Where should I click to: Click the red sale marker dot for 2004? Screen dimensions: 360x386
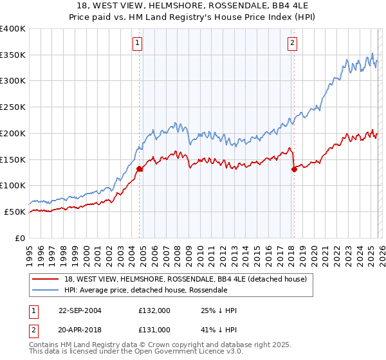(139, 169)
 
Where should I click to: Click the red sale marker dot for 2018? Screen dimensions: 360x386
(294, 170)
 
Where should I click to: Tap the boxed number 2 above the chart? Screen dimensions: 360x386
(292, 43)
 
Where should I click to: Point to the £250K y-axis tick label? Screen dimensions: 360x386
(12, 107)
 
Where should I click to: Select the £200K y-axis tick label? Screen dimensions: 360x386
(12, 134)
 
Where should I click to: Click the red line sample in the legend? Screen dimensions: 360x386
(46, 279)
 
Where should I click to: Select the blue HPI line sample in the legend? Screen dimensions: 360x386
(46, 290)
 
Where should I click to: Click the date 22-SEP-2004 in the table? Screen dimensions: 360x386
(80, 310)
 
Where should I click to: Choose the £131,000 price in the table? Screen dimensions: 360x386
(154, 329)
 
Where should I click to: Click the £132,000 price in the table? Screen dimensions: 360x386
(154, 310)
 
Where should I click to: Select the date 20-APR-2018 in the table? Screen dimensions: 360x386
(80, 329)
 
